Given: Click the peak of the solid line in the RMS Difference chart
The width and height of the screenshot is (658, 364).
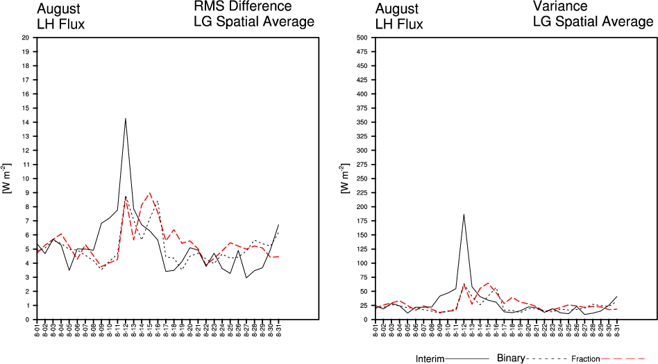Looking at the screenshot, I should tap(126, 118).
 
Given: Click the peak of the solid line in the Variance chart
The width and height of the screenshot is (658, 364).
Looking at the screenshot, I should tap(464, 214).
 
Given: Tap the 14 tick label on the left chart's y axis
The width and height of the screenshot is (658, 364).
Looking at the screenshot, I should tap(26, 122).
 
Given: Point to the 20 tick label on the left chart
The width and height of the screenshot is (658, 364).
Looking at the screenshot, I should tap(26, 38).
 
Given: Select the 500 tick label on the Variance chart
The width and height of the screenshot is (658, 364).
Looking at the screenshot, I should tap(361, 38).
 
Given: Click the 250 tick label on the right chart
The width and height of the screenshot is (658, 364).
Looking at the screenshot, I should tap(361, 179).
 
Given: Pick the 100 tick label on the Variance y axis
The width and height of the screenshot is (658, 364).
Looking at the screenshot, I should tap(361, 263).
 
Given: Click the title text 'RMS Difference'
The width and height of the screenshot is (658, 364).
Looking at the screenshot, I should tap(242, 7).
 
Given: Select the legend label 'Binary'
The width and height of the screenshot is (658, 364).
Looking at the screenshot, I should tap(512, 358).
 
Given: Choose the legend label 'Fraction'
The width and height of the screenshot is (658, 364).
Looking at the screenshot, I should tap(586, 359).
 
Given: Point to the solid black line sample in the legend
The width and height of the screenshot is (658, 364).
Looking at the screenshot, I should tap(473, 358).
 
